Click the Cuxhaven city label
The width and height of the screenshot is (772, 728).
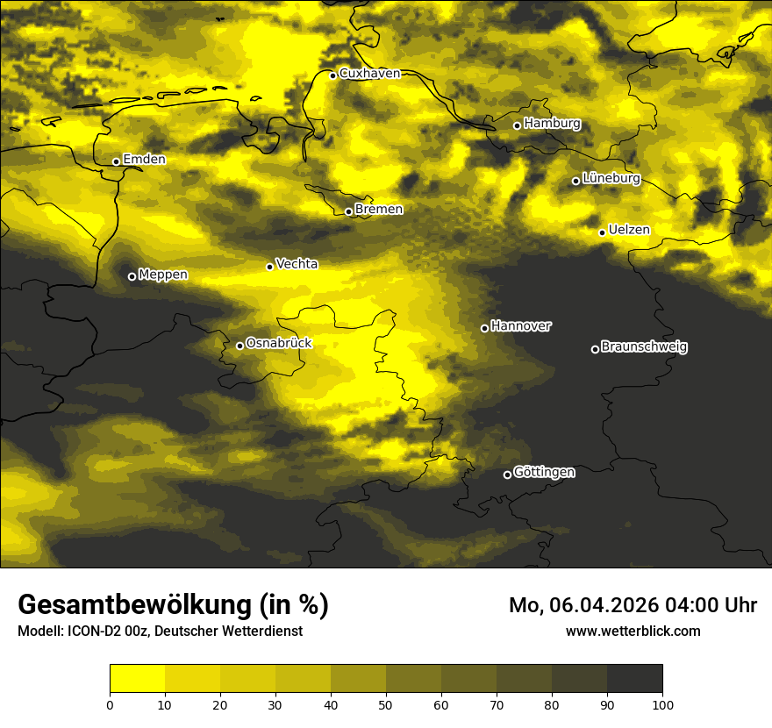[369, 74]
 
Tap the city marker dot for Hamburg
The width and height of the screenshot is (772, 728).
[518, 125]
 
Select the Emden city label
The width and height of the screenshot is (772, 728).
[144, 160]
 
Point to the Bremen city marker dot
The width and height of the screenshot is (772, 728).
[348, 211]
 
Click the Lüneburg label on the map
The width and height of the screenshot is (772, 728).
[611, 178]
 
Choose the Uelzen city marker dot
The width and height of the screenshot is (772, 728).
[603, 232]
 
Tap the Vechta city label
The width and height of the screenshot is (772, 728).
[297, 264]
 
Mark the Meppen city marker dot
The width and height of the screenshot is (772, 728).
[132, 276]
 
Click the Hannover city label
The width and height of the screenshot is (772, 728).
[521, 326]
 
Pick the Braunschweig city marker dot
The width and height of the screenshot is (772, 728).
[595, 349]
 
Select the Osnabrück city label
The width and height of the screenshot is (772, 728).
[279, 343]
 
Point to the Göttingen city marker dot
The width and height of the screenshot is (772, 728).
[507, 475]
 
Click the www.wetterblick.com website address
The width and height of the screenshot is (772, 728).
[633, 631]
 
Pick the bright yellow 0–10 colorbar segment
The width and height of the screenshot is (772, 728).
[137, 678]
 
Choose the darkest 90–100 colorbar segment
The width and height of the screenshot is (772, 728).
[634, 678]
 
